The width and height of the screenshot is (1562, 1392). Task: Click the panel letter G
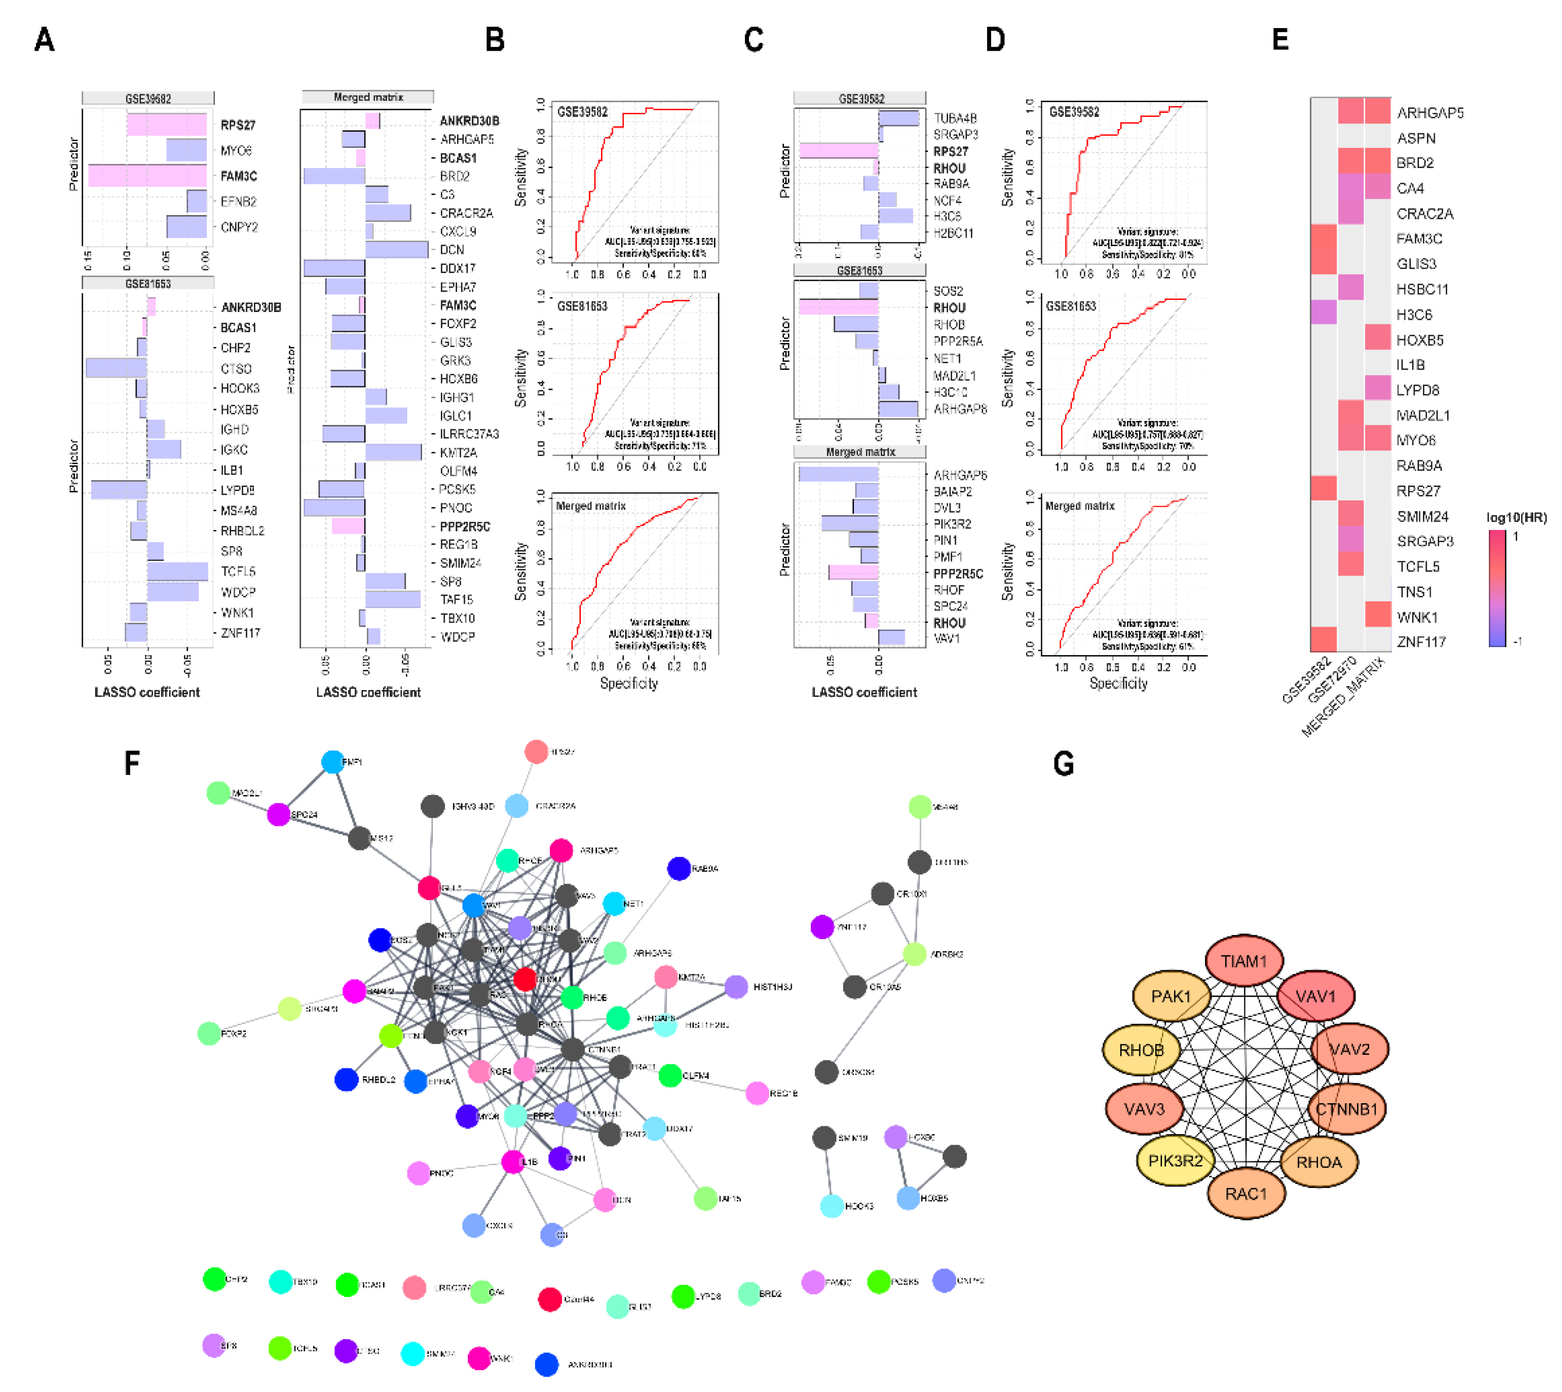click(x=1063, y=764)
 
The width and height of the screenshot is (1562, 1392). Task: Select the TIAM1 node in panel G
click(x=1244, y=961)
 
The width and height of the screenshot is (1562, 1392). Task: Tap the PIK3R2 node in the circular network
click(x=1175, y=1160)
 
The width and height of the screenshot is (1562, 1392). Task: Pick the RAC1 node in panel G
click(x=1246, y=1194)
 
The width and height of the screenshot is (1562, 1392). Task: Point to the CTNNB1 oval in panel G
click(x=1346, y=1108)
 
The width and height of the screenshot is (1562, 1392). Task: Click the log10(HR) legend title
click(x=1516, y=517)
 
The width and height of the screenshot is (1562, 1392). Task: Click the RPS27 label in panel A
click(x=238, y=125)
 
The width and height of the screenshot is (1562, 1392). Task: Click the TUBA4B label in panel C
click(x=955, y=118)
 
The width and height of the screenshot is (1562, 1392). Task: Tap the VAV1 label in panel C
click(x=946, y=638)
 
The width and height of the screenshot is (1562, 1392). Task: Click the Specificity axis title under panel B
click(x=629, y=683)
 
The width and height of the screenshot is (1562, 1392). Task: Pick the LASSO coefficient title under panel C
click(x=864, y=692)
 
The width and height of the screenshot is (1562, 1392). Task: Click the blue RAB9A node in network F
click(x=678, y=868)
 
